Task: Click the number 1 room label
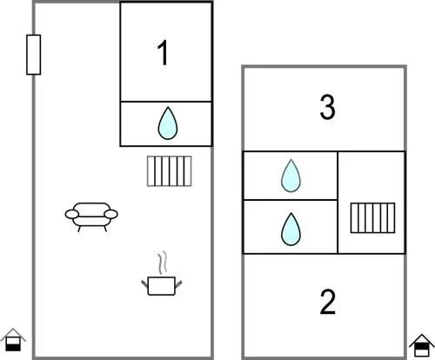tap(163, 52)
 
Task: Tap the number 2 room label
tap(328, 303)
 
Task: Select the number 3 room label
tap(327, 107)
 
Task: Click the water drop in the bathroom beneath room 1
tap(168, 123)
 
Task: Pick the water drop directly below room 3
tap(291, 176)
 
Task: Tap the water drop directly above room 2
tap(291, 229)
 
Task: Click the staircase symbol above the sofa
tap(170, 171)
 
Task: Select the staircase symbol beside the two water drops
tap(372, 218)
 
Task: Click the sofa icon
tap(91, 217)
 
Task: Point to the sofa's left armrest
tap(72, 214)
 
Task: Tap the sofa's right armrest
tap(110, 214)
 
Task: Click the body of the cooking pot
tap(162, 286)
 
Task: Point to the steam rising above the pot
tap(163, 262)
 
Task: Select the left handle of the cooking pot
tap(144, 283)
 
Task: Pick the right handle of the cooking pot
tap(178, 284)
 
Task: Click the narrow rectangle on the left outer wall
tap(34, 55)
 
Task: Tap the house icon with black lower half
tap(13, 340)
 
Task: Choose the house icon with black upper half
tap(422, 345)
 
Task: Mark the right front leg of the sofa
tap(105, 229)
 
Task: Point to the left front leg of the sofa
tap(79, 229)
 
